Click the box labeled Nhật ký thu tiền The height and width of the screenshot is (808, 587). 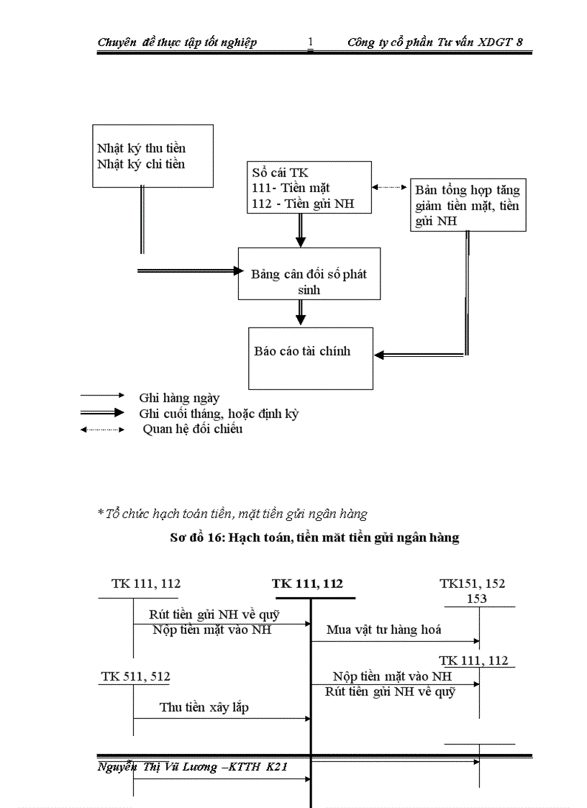153,156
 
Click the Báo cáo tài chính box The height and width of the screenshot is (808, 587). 311,358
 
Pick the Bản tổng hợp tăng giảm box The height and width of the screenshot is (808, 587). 468,206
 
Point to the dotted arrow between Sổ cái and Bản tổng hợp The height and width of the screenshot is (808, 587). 390,186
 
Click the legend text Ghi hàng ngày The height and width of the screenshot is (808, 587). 179,397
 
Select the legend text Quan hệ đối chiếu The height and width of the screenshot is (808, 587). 192,429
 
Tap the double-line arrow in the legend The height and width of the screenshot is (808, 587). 103,413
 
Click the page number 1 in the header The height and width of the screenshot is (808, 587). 311,42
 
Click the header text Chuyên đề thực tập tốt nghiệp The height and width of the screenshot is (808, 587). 177,42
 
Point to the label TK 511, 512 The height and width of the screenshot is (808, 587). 136,676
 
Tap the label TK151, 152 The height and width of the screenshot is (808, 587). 473,584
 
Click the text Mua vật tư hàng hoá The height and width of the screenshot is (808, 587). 383,630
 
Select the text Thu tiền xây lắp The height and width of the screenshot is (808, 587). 204,707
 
